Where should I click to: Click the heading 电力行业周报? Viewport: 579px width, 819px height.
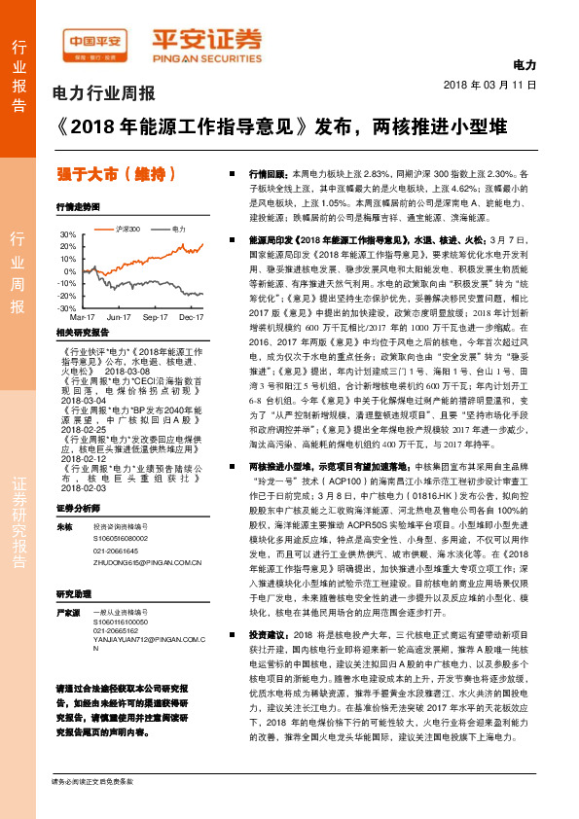pyautogui.click(x=104, y=94)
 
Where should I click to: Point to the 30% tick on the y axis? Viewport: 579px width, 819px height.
pyautogui.click(x=67, y=234)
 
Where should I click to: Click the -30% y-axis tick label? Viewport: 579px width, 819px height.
pyautogui.click(x=67, y=306)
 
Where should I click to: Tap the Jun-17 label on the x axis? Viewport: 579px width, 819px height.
pyautogui.click(x=119, y=317)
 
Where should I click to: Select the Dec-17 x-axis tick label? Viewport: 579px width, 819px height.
pyautogui.click(x=192, y=317)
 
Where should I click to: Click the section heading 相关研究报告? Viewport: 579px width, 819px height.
pyautogui.click(x=79, y=333)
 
